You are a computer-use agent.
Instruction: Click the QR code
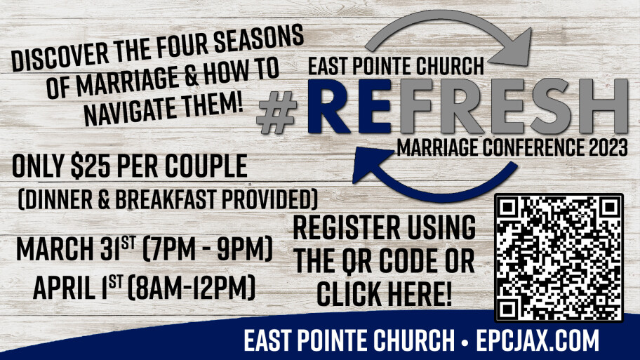(x=559, y=258)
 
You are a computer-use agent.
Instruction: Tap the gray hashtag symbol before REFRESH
(x=276, y=112)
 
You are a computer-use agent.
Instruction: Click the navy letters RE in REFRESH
(x=349, y=106)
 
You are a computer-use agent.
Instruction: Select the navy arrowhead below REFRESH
(x=372, y=164)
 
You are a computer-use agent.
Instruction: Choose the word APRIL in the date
(x=62, y=287)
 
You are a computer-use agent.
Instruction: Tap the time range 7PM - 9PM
(x=207, y=248)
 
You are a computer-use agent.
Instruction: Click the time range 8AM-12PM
(x=192, y=287)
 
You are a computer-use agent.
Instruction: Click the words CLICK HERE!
(x=384, y=293)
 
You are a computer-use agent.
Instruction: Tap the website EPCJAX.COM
(x=538, y=340)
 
